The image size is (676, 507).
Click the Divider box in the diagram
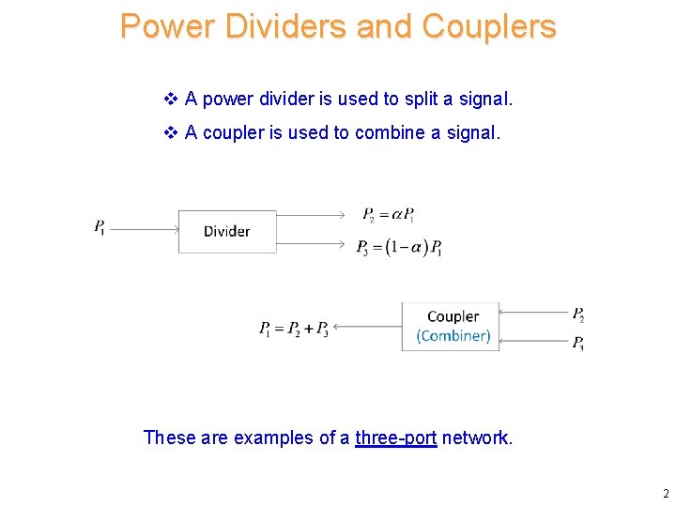click(x=227, y=231)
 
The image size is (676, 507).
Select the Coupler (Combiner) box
click(x=452, y=326)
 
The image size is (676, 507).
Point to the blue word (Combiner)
click(x=453, y=336)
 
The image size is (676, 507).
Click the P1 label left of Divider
click(x=100, y=226)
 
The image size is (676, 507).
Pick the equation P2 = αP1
click(x=388, y=215)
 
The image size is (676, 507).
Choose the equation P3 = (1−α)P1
click(x=399, y=248)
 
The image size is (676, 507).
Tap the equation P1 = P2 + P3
click(x=293, y=328)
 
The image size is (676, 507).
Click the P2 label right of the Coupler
click(x=578, y=314)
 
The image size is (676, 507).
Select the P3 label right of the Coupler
click(x=578, y=343)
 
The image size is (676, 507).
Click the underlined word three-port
click(x=395, y=438)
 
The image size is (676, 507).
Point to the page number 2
click(x=665, y=494)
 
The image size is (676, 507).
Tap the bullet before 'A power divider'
click(x=171, y=99)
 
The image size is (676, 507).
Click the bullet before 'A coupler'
click(x=171, y=132)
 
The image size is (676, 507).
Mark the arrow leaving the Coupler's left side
click(x=367, y=327)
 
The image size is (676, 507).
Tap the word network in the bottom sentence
click(x=477, y=438)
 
